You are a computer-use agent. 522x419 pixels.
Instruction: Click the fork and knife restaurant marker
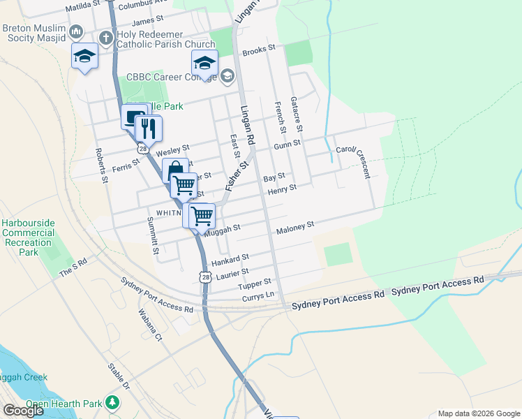coord(148,128)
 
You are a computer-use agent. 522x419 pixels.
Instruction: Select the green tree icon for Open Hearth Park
coord(111,403)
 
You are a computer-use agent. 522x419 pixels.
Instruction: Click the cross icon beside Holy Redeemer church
coord(105,36)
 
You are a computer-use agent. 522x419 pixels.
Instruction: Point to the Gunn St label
coord(286,143)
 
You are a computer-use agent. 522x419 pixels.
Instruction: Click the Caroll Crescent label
coord(356,160)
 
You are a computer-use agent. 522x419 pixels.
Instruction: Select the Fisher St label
coord(237,177)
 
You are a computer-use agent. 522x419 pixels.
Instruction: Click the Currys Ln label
coord(258,297)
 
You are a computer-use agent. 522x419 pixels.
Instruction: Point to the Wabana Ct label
coord(149,325)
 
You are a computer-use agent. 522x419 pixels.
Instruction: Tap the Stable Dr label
coord(119,376)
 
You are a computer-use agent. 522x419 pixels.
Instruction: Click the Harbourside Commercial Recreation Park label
coord(28,237)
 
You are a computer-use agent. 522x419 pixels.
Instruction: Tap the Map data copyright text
coord(479,413)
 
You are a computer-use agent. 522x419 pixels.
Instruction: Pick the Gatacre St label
coord(299,115)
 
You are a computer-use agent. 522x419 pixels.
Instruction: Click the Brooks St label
coord(259,50)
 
